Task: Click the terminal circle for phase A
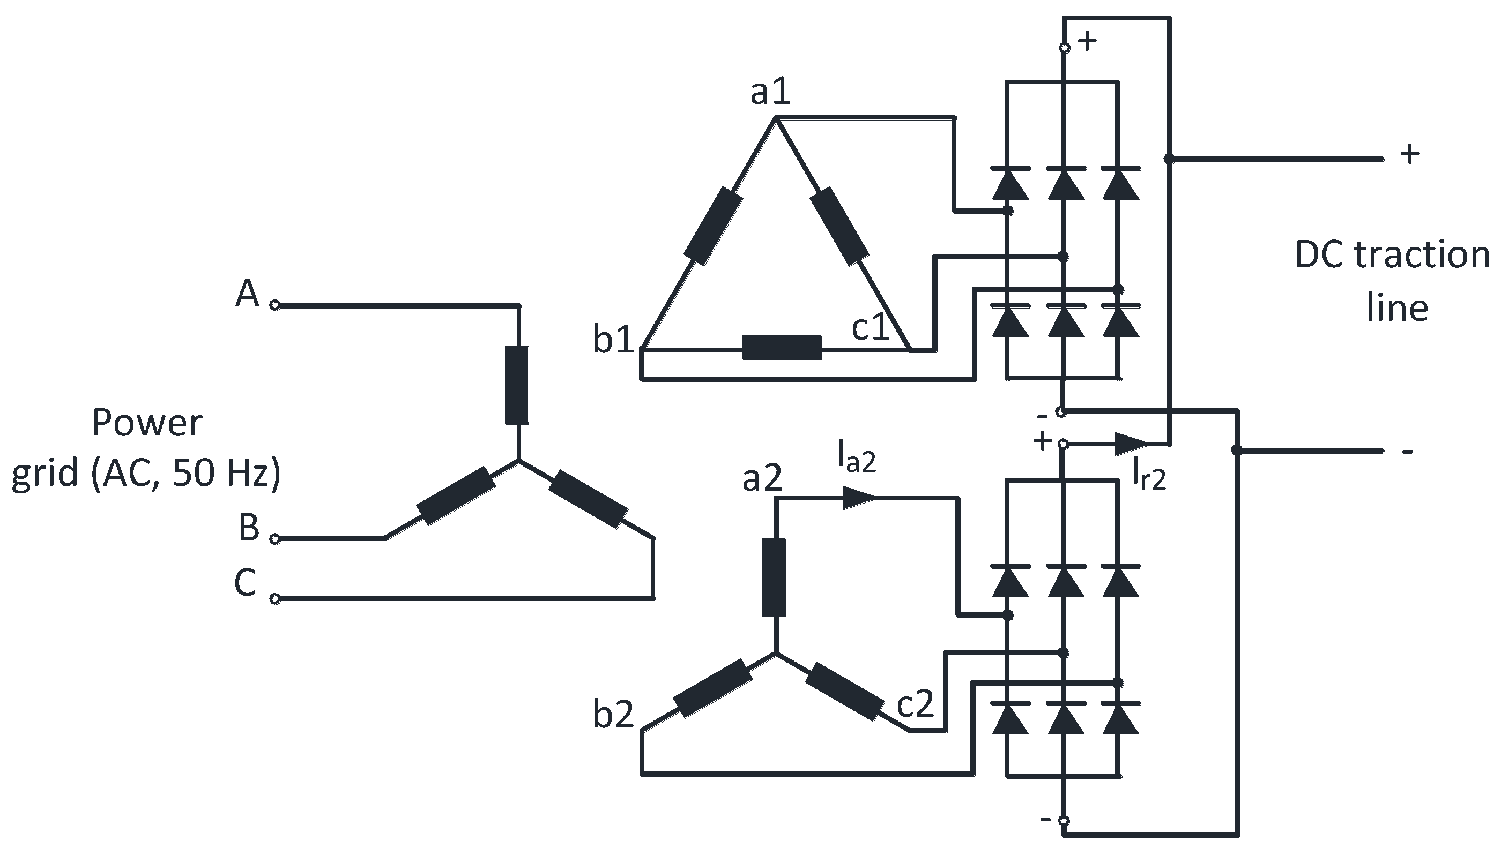coord(274,305)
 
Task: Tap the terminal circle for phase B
coord(274,538)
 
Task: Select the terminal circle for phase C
coord(274,598)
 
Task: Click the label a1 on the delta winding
coord(770,93)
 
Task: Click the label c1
coord(871,327)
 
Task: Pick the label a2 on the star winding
coord(762,478)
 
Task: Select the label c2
coord(915,703)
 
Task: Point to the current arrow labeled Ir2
coord(1130,444)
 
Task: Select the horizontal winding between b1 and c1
coord(781,348)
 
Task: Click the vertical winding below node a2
coord(774,577)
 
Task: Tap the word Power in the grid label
coord(147,423)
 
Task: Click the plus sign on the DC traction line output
coord(1410,155)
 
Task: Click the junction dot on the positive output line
coord(1169,159)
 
